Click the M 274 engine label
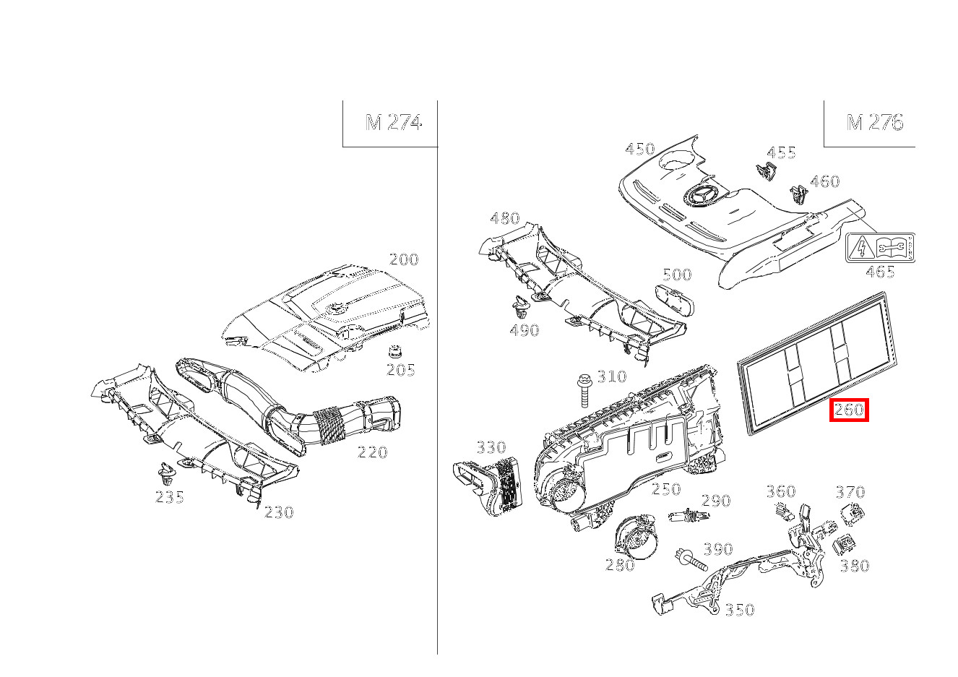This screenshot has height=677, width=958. click(x=393, y=122)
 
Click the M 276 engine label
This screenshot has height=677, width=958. click(x=875, y=123)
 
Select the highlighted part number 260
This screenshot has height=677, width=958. click(x=849, y=410)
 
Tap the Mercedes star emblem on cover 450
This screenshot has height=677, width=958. click(x=699, y=198)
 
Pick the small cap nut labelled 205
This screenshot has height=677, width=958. click(x=395, y=352)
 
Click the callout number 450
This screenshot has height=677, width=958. click(x=640, y=149)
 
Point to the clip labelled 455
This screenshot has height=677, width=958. click(x=766, y=171)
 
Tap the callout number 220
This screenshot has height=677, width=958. click(x=372, y=452)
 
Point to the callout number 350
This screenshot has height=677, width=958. click(x=740, y=610)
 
